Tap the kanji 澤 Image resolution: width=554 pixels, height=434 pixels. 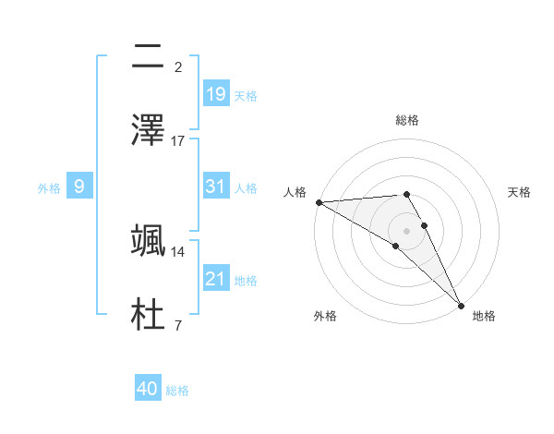tap(149, 128)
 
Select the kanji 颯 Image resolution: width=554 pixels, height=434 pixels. tap(149, 239)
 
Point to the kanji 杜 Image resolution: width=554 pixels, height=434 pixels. tap(149, 313)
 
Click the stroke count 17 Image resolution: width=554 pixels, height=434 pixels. tap(178, 141)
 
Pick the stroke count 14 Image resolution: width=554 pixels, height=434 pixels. tap(178, 251)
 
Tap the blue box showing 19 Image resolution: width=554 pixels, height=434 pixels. tap(216, 93)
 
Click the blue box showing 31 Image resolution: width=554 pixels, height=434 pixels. tap(216, 186)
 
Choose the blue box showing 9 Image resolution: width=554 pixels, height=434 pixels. tap(79, 186)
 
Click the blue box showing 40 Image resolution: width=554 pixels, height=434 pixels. tap(148, 389)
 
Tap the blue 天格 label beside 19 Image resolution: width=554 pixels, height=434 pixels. tap(246, 96)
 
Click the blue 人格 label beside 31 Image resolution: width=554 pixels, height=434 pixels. tap(246, 187)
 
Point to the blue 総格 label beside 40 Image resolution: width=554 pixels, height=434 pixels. tap(177, 391)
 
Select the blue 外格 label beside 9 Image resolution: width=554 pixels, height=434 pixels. tap(49, 187)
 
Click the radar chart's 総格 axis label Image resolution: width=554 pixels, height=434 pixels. tap(406, 120)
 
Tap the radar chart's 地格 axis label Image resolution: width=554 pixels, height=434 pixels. tap(484, 316)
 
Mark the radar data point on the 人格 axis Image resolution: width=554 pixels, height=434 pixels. tap(319, 202)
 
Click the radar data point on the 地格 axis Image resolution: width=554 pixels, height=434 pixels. tap(461, 306)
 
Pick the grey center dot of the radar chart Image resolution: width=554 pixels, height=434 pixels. tap(406, 231)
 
